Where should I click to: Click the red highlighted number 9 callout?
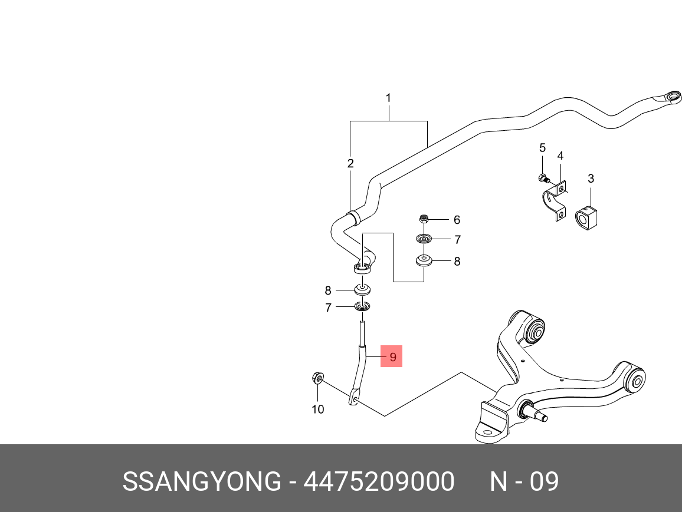click(x=392, y=356)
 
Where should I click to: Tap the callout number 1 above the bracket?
click(x=388, y=98)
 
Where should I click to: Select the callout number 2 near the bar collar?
click(x=350, y=163)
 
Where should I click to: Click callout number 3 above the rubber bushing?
click(x=591, y=179)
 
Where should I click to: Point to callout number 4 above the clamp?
click(x=560, y=156)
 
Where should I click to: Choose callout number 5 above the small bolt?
click(x=542, y=148)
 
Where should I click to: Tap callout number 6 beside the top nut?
click(x=457, y=220)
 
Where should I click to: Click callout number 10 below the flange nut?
click(x=318, y=409)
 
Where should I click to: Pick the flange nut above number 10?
click(x=317, y=378)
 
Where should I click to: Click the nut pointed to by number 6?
click(x=424, y=219)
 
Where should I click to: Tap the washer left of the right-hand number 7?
click(x=424, y=239)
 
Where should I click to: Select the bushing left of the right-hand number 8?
click(x=424, y=260)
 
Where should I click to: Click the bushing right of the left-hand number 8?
click(x=362, y=289)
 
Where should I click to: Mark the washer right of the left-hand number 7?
click(x=362, y=306)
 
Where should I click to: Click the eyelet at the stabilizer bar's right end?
click(x=670, y=97)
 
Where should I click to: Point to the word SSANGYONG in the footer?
click(x=202, y=481)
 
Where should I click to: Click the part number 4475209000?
click(x=379, y=481)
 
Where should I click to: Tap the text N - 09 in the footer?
click(x=524, y=481)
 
